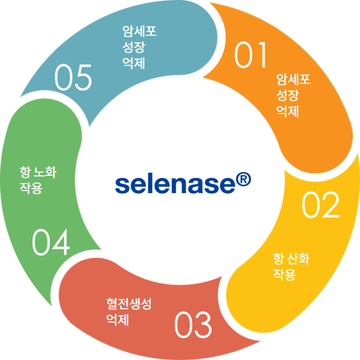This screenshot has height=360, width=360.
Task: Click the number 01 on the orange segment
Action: coord(250,55)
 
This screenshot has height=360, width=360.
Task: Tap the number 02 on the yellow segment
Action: coord(320,205)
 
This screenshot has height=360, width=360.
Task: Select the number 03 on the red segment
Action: coord(193,324)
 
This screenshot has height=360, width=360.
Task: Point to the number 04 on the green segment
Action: coord(51,242)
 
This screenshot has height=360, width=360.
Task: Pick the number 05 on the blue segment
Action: coord(73,77)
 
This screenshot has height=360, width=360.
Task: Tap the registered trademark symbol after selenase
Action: coord(243,180)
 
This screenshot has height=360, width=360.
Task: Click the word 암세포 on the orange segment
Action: coord(293,79)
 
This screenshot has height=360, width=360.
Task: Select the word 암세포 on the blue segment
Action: coord(139,31)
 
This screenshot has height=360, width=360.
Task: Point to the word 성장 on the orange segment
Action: coord(287,95)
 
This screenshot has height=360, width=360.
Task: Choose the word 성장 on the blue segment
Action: coord(133,47)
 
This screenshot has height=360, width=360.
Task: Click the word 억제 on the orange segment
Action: coord(287,112)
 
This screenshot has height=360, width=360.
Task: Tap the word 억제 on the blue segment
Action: coord(133,64)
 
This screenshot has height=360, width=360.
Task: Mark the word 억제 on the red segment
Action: coord(117,320)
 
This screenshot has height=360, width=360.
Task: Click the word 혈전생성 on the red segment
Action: coord(129,304)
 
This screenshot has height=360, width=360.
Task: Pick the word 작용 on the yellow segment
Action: coord(284,275)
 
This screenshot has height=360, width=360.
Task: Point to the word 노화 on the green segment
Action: coord(45,172)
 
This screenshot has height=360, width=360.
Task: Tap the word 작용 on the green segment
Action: coord(31,188)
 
